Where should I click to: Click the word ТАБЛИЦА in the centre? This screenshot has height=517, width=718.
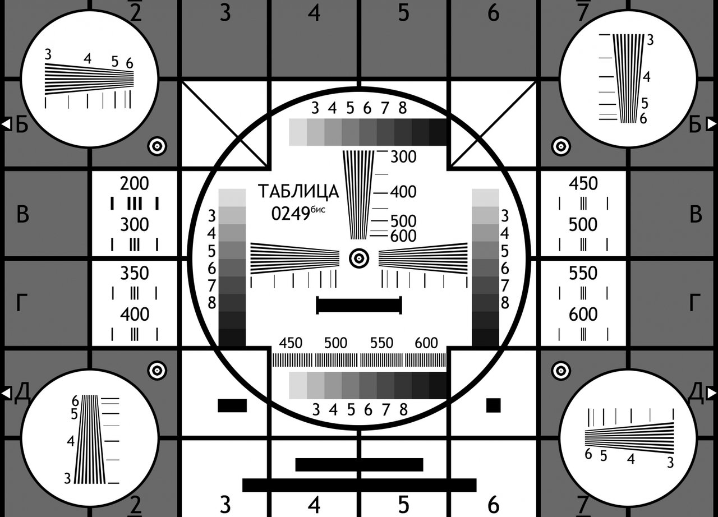click(298, 192)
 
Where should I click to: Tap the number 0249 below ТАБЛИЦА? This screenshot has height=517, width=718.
click(291, 214)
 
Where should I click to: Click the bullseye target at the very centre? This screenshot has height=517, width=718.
click(359, 258)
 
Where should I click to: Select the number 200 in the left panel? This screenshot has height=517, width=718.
click(135, 183)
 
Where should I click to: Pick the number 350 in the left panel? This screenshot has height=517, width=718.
click(135, 273)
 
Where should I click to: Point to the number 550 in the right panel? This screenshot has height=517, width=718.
click(583, 273)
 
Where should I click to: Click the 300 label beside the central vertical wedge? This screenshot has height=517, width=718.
click(403, 157)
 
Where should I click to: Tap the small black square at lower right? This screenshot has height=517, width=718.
click(493, 405)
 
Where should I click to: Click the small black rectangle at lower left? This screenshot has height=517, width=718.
click(232, 405)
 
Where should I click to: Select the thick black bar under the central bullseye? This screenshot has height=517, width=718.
click(359, 305)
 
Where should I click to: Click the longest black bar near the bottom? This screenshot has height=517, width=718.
click(359, 485)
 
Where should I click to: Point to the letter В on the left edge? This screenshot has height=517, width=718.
click(22, 214)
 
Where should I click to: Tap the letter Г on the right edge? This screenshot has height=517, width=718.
click(694, 303)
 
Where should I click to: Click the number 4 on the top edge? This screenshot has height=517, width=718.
click(314, 13)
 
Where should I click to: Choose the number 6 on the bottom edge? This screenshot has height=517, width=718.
click(493, 505)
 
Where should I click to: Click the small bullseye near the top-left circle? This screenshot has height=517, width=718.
click(157, 146)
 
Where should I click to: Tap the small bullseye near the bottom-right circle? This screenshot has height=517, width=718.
click(561, 371)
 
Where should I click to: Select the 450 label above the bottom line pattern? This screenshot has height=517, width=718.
click(291, 343)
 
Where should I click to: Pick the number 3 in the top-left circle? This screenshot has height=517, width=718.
click(48, 54)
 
